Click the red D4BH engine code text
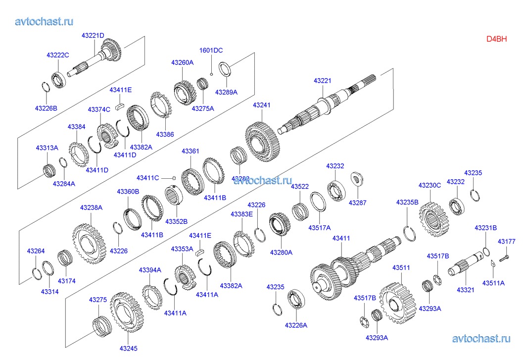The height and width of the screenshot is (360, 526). click(496, 39)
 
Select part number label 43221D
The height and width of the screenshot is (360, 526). click(93, 36)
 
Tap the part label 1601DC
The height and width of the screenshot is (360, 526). click(211, 50)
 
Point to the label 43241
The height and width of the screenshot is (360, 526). click(262, 105)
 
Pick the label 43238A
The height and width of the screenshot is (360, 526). click(91, 207)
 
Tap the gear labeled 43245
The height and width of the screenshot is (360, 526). click(126, 312)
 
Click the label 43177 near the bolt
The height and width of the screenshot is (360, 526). click(506, 242)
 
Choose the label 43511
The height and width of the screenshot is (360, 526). click(401, 268)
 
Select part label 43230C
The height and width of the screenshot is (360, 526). click(429, 186)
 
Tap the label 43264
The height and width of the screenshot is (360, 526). click(36, 251)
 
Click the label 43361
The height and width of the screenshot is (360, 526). click(190, 151)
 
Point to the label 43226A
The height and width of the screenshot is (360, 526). click(296, 325)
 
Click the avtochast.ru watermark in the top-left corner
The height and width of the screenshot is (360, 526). click(45, 21)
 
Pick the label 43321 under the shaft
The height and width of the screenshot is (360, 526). click(466, 290)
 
